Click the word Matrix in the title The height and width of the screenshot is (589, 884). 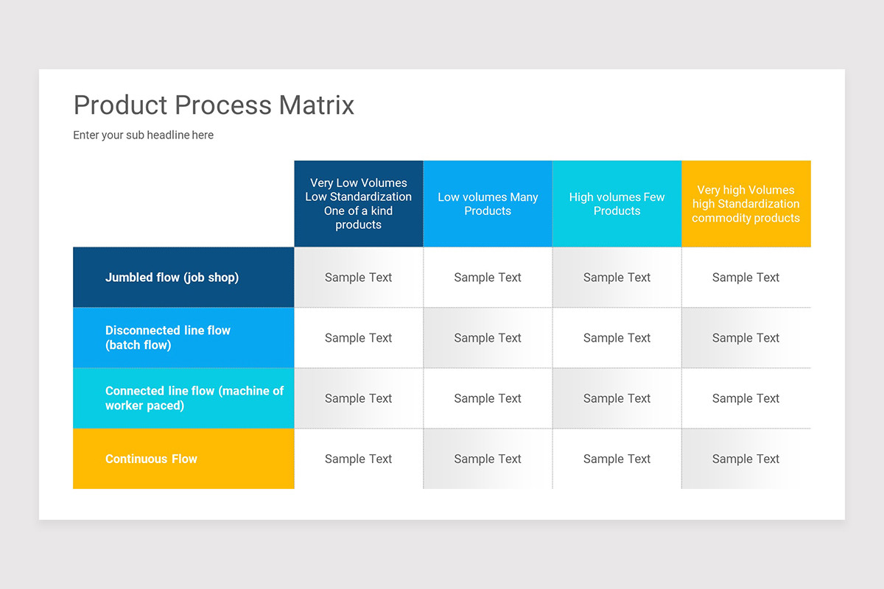tap(317, 105)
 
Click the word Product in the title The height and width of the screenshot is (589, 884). tap(121, 105)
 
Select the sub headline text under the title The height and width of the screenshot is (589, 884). tap(143, 135)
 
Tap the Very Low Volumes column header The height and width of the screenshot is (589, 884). tap(359, 204)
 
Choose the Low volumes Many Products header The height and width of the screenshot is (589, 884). tap(488, 204)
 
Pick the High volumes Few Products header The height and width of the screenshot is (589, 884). tap(617, 204)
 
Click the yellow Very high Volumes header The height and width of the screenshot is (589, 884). tap(746, 204)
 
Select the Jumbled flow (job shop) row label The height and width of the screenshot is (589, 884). tap(172, 278)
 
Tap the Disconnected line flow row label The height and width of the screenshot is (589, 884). tap(168, 338)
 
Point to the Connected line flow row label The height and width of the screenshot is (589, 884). tap(194, 398)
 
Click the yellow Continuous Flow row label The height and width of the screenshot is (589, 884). tap(151, 459)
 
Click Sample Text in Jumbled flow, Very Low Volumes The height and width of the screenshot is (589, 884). tap(359, 278)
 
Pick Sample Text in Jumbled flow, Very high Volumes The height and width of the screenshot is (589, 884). tap(746, 278)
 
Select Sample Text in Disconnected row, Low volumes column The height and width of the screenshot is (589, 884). tap(488, 338)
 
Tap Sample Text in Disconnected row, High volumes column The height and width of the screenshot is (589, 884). tap(617, 338)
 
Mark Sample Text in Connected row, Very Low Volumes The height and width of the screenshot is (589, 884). tap(359, 398)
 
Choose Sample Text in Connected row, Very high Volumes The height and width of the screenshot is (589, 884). tap(746, 398)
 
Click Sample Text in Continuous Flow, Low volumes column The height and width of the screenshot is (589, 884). tap(488, 459)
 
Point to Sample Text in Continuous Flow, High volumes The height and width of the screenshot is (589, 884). tap(617, 459)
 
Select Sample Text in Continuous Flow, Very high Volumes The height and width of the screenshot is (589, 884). tap(746, 459)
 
